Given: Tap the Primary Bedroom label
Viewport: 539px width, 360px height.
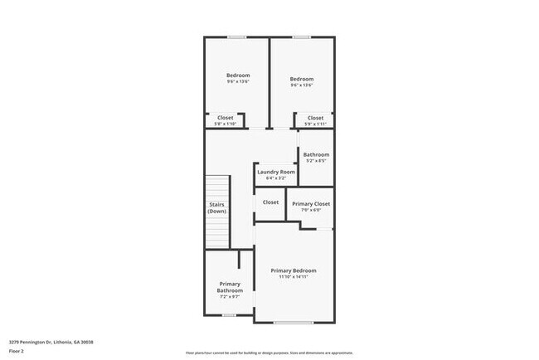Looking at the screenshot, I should (x=294, y=270).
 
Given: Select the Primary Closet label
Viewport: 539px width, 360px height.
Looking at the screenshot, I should (x=311, y=203).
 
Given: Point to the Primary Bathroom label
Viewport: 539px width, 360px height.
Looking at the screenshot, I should (x=231, y=287).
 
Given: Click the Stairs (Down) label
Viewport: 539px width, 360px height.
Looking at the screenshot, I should (x=217, y=208).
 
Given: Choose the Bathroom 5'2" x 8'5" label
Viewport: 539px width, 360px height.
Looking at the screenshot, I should (x=316, y=154).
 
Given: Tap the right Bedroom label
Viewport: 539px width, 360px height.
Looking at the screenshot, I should (x=302, y=79).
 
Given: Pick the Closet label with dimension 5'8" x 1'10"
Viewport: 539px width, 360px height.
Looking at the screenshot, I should (x=226, y=118).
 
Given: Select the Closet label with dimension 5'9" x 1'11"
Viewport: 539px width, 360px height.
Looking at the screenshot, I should (x=315, y=118).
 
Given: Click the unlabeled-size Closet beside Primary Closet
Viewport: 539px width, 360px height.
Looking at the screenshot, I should (x=270, y=202).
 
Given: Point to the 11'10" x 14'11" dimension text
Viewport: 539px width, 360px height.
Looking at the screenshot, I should (x=294, y=277).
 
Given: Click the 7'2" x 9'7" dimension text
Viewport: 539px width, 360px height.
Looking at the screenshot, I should (x=231, y=297).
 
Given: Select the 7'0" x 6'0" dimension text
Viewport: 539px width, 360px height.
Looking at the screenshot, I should (x=311, y=210).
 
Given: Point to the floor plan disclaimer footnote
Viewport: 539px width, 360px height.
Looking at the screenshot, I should (x=269, y=352).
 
